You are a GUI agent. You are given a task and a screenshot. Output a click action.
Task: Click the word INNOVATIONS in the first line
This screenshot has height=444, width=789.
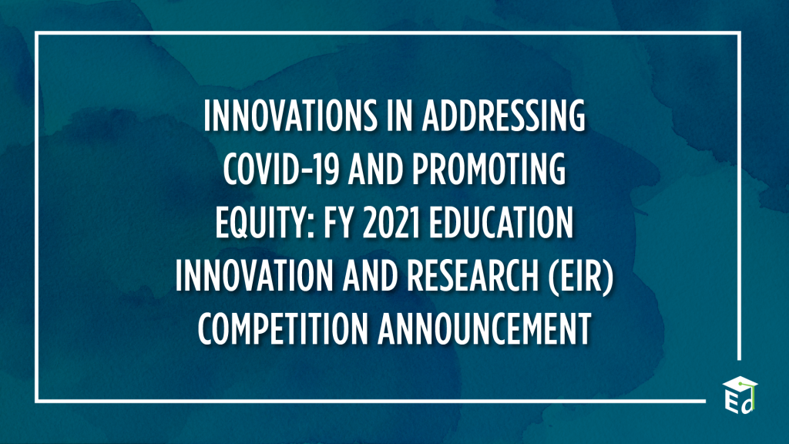[x=290, y=116]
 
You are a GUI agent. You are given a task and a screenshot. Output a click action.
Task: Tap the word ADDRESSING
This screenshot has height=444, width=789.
[x=504, y=116]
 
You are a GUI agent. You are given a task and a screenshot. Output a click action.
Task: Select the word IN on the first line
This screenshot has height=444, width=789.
[x=400, y=116]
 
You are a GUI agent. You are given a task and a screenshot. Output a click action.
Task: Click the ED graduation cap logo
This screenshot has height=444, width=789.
[x=740, y=395]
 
